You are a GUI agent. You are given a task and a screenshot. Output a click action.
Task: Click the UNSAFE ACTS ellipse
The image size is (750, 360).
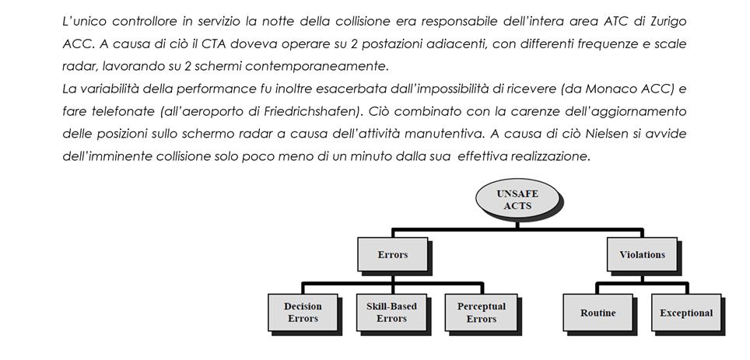517,199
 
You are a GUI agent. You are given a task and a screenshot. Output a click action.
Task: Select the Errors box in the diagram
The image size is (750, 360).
392,254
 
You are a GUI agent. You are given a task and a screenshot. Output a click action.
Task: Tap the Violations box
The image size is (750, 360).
641,254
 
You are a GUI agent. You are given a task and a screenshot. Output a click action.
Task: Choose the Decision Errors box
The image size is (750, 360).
303,312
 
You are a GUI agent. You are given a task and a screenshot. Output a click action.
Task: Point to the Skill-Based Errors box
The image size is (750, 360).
391,312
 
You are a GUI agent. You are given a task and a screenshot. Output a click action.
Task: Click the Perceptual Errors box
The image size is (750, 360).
481,312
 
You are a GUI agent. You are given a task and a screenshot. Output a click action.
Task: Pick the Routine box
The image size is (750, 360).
598,313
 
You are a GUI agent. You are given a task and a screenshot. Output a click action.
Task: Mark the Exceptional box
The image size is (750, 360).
685,313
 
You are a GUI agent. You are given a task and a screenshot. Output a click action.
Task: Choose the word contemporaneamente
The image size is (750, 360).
319,65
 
